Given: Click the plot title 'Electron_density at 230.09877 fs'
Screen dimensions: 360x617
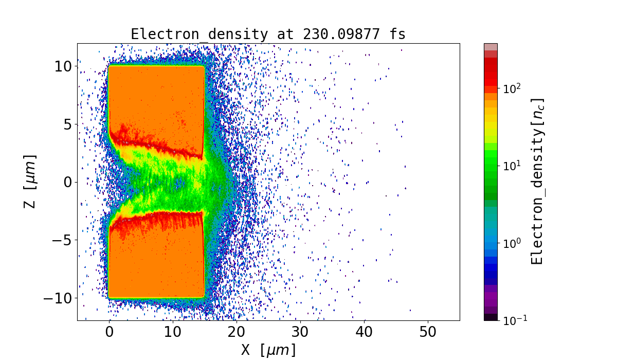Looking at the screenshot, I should click(x=268, y=34).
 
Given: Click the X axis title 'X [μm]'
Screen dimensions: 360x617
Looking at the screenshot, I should click(x=268, y=350).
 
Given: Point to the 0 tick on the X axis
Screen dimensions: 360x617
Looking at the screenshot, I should click(x=109, y=332).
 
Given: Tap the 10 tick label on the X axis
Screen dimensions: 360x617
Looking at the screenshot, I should click(x=173, y=332).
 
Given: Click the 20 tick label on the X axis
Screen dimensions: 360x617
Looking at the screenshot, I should click(x=237, y=332).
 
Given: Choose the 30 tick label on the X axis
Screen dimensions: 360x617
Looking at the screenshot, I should click(x=300, y=332).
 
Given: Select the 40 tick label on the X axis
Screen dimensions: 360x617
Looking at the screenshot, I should click(x=364, y=332).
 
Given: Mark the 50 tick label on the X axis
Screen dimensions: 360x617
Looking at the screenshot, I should click(x=428, y=332).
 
